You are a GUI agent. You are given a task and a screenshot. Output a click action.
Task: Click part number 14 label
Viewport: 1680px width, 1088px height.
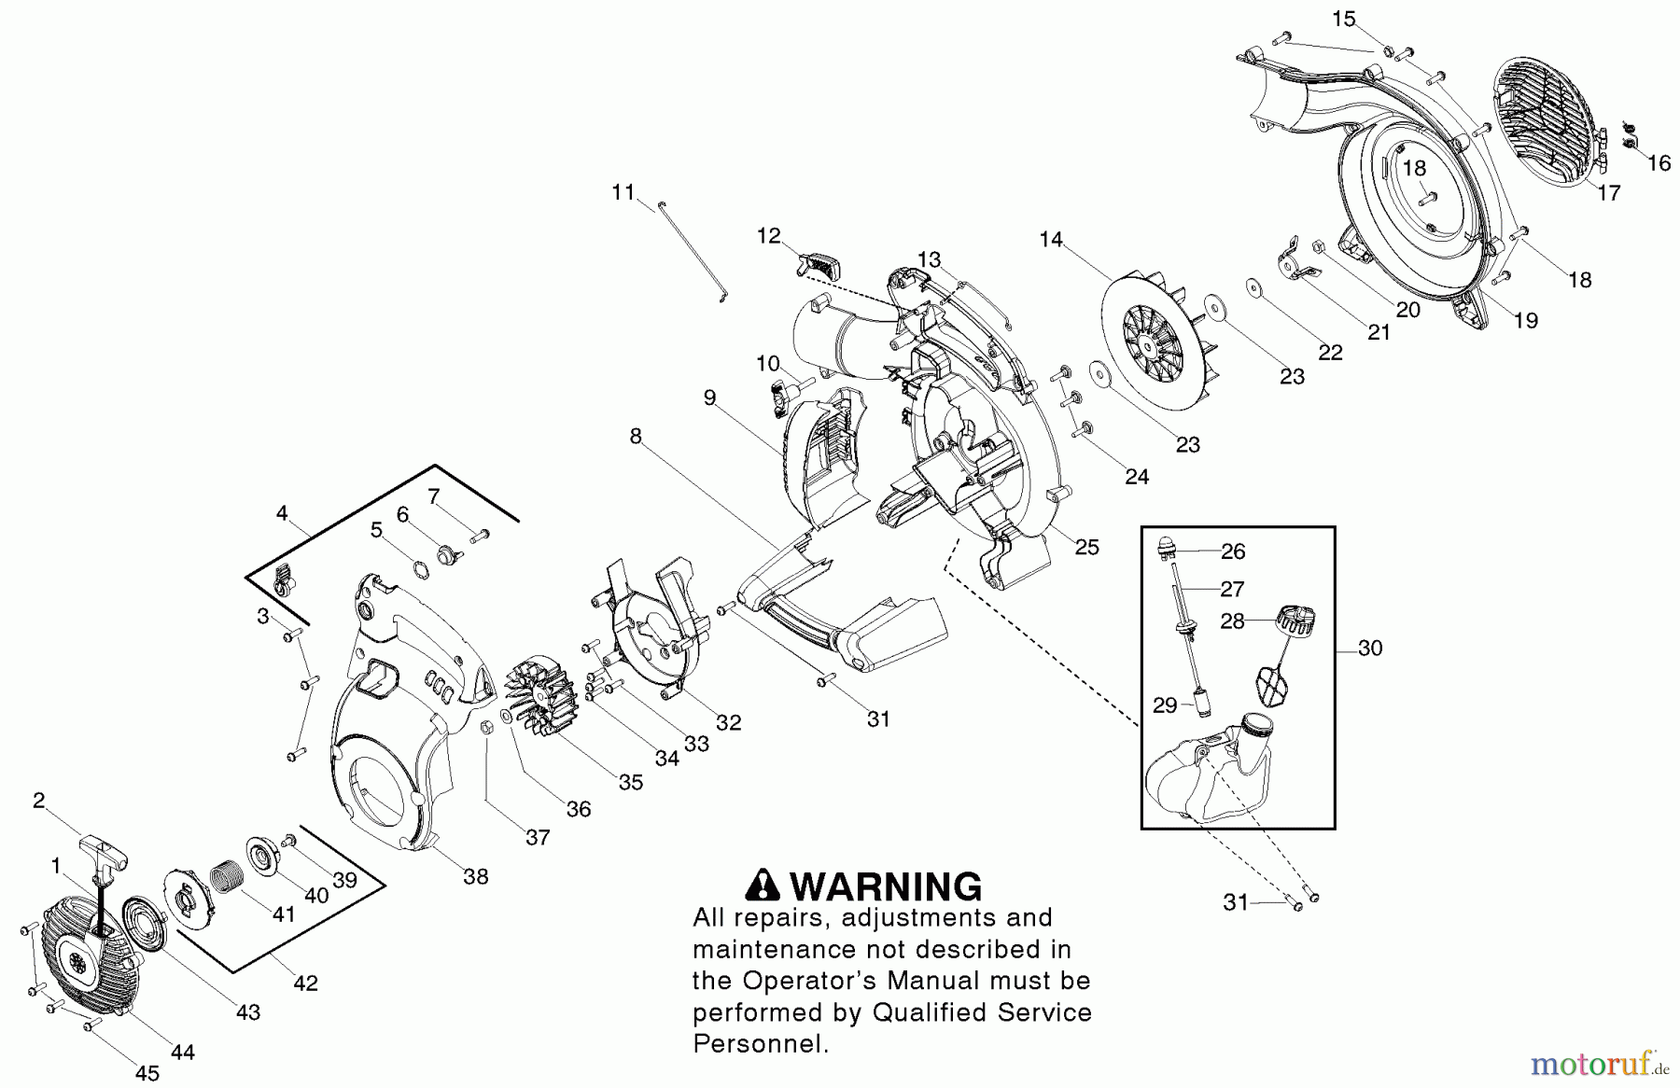pos(1051,240)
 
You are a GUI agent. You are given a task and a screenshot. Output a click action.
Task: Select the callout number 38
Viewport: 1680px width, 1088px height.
pos(476,876)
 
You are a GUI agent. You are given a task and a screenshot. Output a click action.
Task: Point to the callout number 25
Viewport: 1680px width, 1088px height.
pos(1087,547)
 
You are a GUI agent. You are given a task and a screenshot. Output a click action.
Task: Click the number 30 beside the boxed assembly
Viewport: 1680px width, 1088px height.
pos(1369,648)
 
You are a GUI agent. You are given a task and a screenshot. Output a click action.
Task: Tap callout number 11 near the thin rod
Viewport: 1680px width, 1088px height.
pos(623,192)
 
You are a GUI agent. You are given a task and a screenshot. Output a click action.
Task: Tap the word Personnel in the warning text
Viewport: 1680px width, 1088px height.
pos(760,1043)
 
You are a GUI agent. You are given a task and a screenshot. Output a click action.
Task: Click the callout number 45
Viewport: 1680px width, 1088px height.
pos(147,1074)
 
